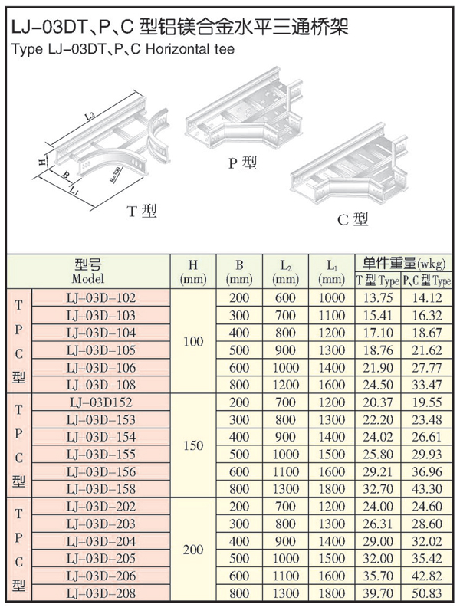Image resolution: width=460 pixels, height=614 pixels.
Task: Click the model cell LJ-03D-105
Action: [x=100, y=350]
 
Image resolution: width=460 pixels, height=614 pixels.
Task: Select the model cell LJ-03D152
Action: [x=100, y=402]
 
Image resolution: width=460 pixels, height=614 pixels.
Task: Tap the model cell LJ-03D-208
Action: [x=100, y=593]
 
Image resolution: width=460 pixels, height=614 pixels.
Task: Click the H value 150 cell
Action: [x=193, y=445]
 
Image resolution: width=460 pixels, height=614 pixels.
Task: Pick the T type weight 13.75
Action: [x=378, y=298]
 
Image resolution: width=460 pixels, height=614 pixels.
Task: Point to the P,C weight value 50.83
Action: [x=427, y=593]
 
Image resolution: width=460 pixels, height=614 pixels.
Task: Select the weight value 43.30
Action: [x=427, y=489]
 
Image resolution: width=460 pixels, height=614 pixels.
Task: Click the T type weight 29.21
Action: [x=378, y=471]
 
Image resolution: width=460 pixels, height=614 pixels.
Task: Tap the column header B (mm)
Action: [x=239, y=272]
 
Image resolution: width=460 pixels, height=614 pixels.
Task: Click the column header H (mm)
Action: [x=193, y=272]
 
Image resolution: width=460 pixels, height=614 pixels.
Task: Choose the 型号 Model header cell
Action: [x=88, y=272]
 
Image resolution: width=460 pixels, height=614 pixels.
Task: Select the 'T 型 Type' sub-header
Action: [x=377, y=281]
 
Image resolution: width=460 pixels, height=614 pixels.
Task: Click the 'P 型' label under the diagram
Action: [x=243, y=163]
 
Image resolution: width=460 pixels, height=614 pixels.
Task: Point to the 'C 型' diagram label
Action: [x=353, y=219]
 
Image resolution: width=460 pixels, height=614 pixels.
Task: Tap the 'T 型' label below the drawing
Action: [x=142, y=212]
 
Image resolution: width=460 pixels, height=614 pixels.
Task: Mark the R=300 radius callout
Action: [x=116, y=174]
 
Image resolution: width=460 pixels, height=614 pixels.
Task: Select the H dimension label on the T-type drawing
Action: [x=42, y=160]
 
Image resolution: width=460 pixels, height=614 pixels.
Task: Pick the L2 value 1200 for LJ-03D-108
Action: [x=285, y=385]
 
